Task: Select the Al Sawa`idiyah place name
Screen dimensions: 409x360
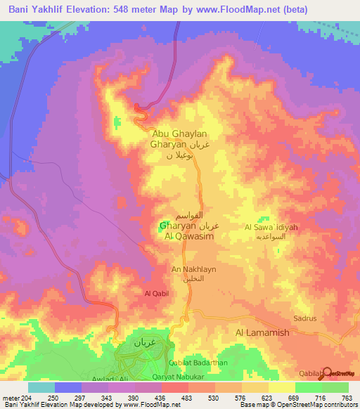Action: [x=271, y=227]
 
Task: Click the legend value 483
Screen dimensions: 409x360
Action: [x=187, y=398]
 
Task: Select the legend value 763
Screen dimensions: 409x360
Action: [x=347, y=398]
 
